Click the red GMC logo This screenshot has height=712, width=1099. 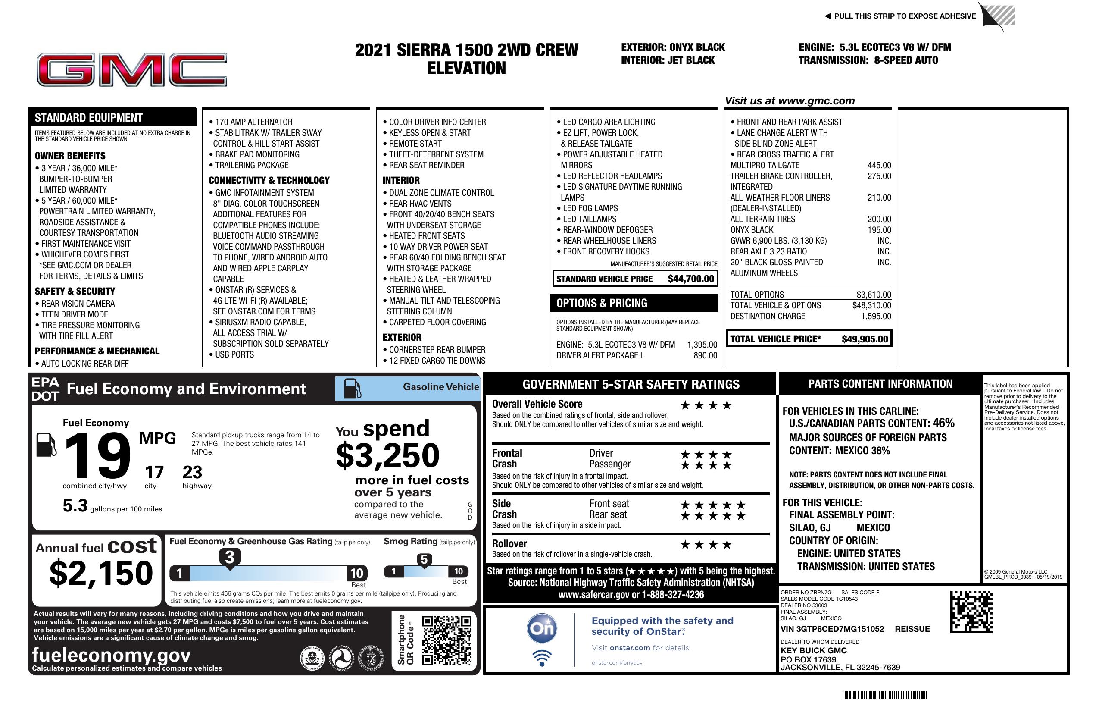[x=131, y=70]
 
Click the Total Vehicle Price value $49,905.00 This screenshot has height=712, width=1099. [x=865, y=339]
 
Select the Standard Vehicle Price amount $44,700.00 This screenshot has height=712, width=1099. [x=691, y=279]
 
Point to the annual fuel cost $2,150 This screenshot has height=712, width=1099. [x=101, y=573]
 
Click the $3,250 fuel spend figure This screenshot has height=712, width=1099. [x=387, y=455]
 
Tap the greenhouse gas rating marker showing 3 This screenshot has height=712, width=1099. [x=229, y=558]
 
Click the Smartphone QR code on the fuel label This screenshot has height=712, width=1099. [x=446, y=640]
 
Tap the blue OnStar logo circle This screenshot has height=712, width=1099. [x=542, y=628]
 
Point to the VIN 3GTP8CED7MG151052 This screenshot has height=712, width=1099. [x=832, y=629]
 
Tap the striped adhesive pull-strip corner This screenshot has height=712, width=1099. [x=998, y=17]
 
